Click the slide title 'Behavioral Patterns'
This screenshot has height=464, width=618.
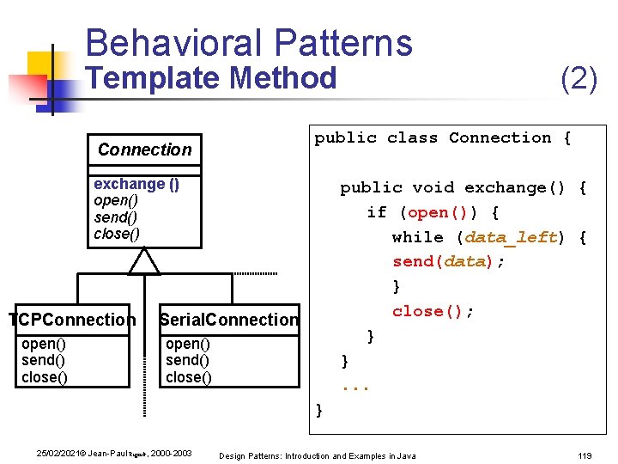[249, 43]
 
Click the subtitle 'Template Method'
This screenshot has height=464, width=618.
[213, 79]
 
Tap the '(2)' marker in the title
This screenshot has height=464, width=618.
[579, 79]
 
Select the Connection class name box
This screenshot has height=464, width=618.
[145, 150]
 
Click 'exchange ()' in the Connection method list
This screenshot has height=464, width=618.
[136, 184]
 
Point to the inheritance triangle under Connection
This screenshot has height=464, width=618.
[144, 261]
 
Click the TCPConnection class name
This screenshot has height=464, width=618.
[72, 320]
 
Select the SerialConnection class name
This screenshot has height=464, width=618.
[229, 320]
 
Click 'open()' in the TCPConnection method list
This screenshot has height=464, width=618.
[45, 345]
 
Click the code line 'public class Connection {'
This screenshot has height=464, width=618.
[442, 138]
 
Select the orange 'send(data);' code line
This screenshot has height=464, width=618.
[448, 262]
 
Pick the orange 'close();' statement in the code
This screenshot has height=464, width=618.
[433, 311]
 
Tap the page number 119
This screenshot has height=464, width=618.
[585, 455]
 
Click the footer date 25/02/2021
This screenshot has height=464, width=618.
[61, 454]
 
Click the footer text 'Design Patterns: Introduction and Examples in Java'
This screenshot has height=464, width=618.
[318, 455]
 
